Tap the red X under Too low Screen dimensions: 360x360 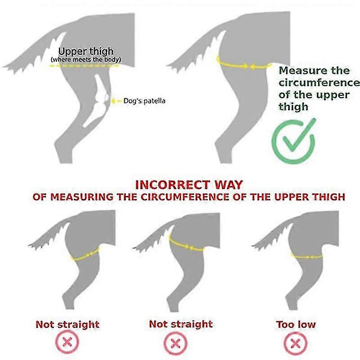(296, 344)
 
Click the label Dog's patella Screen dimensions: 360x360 (144, 101)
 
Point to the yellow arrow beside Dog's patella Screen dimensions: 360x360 (117, 101)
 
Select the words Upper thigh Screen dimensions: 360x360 (86, 51)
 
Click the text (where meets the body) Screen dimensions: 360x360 (86, 60)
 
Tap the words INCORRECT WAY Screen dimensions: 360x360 (189, 185)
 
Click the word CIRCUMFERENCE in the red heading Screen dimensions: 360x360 (185, 197)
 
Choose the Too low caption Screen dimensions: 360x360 (296, 324)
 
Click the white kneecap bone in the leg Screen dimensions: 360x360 (106, 97)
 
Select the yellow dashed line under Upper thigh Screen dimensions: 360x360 (84, 66)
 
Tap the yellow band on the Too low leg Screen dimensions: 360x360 (306, 256)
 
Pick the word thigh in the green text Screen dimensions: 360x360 (293, 107)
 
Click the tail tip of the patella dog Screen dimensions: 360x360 (4, 67)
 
